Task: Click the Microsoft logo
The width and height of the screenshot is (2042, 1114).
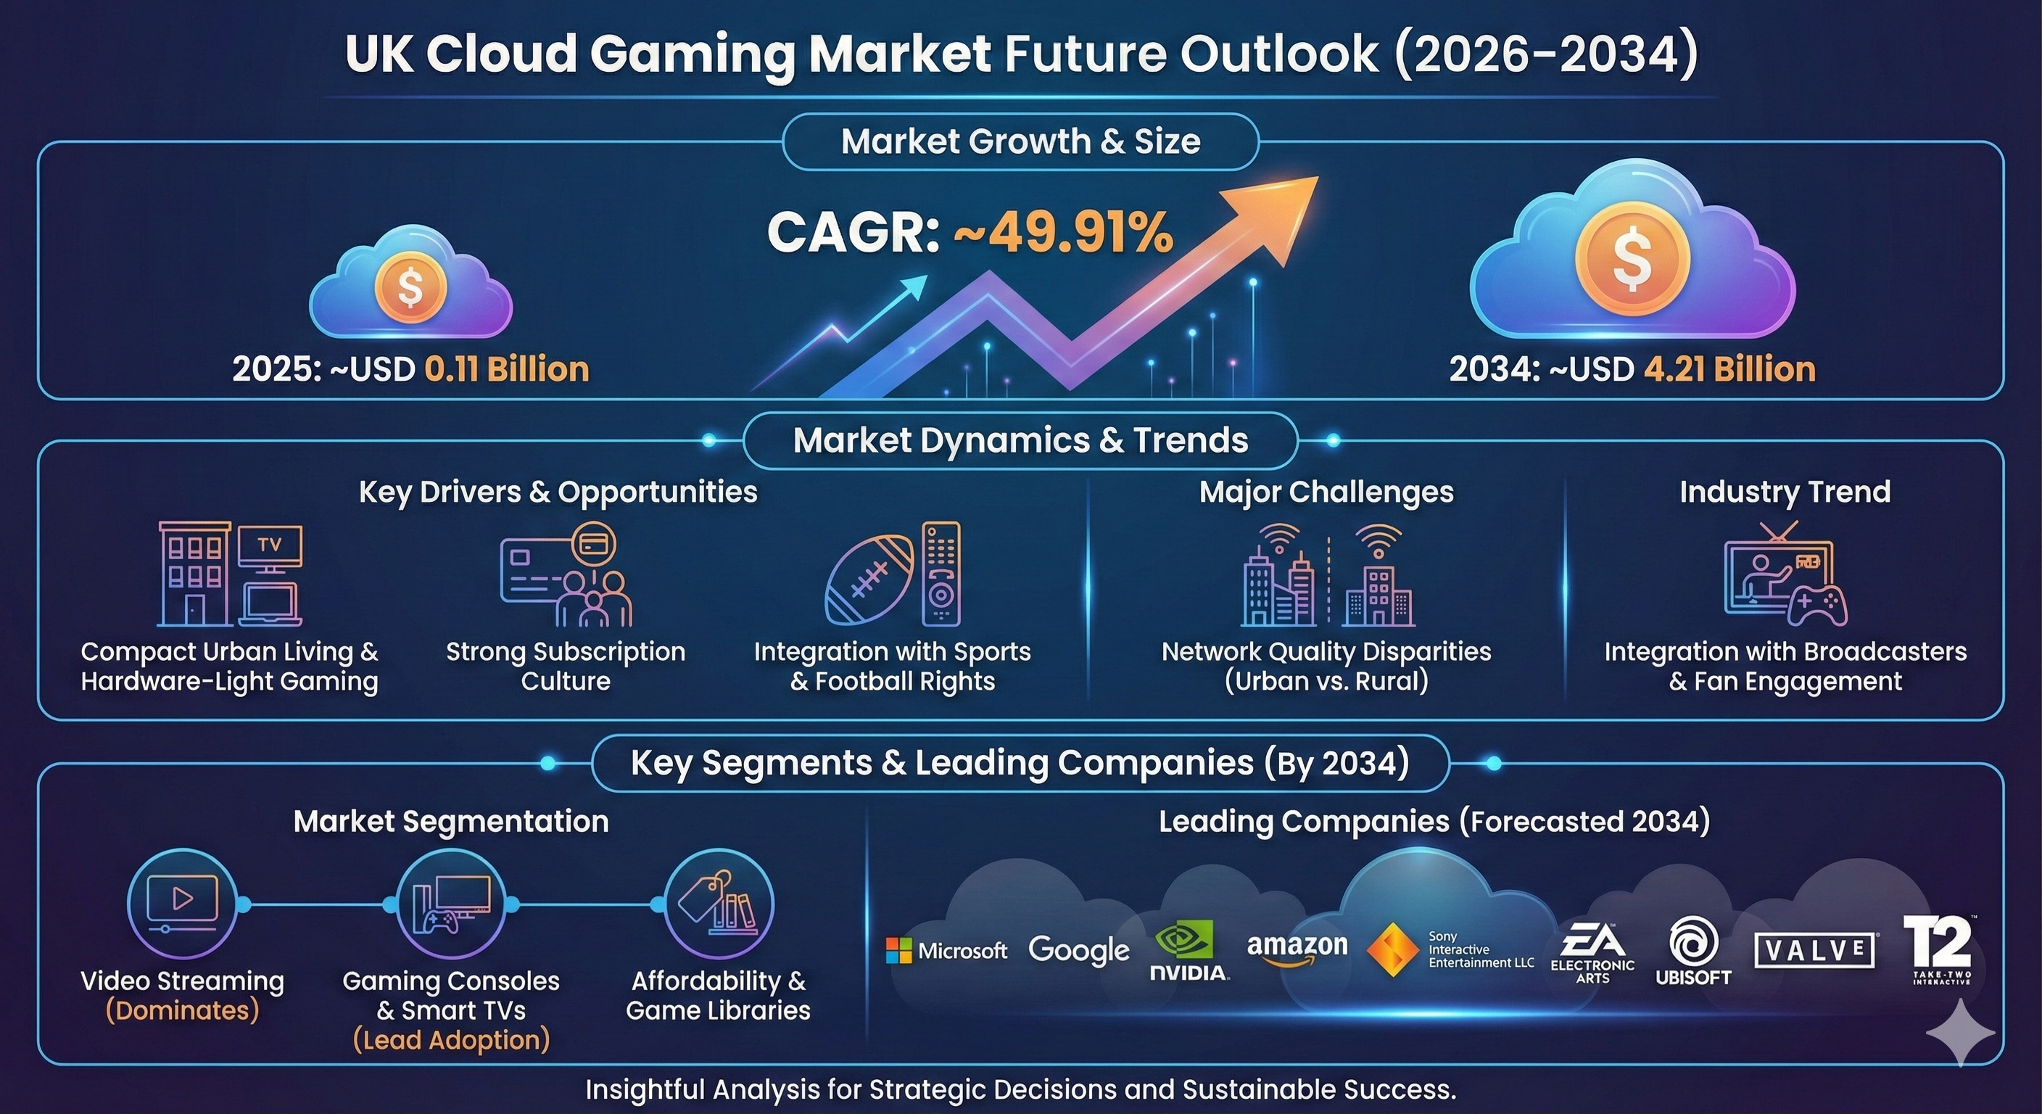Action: point(946,950)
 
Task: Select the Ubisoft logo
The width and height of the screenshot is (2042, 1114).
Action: point(1693,952)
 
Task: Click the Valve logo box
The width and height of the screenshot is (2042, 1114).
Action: point(1815,950)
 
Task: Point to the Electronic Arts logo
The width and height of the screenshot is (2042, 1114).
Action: point(1592,954)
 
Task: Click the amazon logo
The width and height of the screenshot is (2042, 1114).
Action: point(1297,949)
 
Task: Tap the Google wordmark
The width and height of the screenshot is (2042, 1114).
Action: point(1078,950)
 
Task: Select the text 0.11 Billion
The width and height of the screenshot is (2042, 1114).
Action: point(507,369)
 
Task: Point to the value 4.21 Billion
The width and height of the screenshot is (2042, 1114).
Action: point(1729,369)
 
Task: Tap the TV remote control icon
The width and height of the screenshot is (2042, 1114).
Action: point(941,573)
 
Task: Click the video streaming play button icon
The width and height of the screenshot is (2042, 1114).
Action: point(182,900)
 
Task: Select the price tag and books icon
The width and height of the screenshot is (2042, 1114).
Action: point(718,903)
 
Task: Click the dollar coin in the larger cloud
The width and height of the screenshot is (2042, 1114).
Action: point(1632,257)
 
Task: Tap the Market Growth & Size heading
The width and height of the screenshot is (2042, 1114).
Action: point(1020,142)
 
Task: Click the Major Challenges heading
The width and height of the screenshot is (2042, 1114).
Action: point(1326,492)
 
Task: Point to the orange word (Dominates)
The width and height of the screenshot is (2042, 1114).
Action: point(182,1010)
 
